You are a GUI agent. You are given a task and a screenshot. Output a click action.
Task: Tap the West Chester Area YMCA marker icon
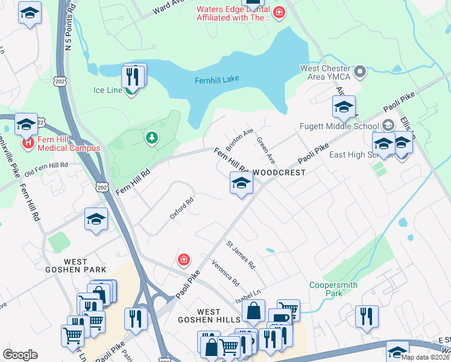(x=361, y=72)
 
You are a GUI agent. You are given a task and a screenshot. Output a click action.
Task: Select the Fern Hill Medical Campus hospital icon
(x=27, y=144)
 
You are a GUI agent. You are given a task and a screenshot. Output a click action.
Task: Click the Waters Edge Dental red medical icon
(x=279, y=13)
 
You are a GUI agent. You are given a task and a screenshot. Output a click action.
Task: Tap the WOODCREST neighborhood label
(x=279, y=173)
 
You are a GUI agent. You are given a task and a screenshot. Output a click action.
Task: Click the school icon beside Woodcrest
(x=241, y=183)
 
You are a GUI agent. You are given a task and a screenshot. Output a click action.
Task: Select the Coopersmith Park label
(x=333, y=289)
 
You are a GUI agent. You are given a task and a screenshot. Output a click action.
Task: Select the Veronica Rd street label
(x=225, y=273)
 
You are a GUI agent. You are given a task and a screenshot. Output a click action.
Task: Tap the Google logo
(x=20, y=355)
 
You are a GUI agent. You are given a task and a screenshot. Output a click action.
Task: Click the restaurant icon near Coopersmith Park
(x=367, y=317)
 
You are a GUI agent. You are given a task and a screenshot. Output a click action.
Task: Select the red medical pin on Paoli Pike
(x=184, y=260)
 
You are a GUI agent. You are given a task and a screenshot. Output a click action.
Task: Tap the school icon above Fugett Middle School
(x=344, y=107)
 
